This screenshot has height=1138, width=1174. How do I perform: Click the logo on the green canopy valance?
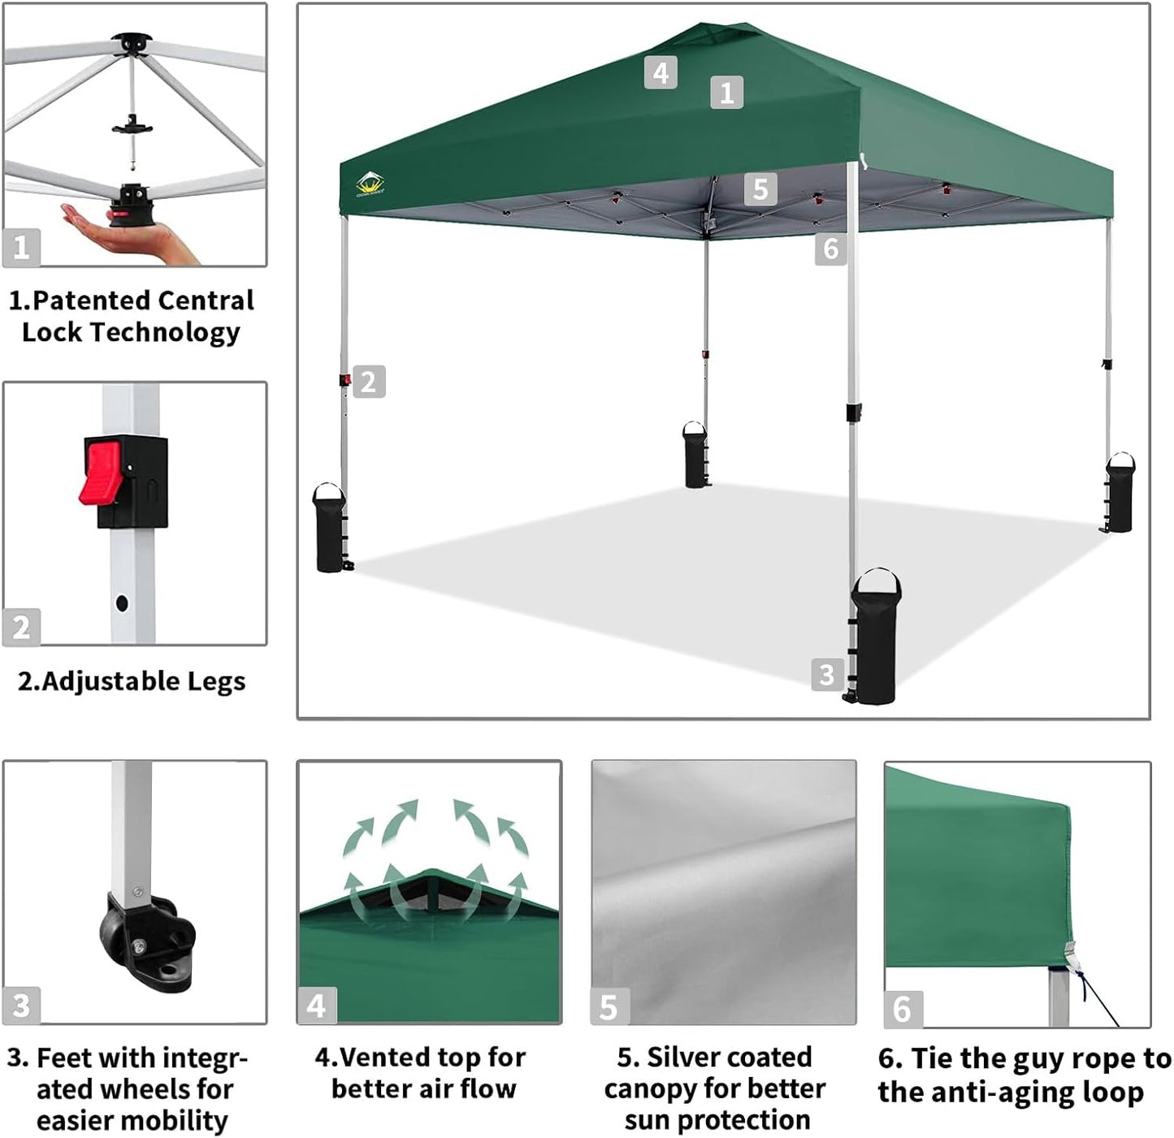point(370,184)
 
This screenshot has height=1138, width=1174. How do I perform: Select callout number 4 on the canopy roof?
point(661,73)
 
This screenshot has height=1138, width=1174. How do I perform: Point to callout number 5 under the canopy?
point(760,189)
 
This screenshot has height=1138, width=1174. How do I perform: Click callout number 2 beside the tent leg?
point(369,382)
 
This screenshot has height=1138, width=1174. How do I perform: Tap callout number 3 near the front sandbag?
point(826,674)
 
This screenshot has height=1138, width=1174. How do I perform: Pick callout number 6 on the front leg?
point(830,249)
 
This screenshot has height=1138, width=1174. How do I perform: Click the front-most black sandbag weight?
point(875,639)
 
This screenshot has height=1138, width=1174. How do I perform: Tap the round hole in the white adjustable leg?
point(122,604)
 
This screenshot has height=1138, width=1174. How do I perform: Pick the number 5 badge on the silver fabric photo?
point(609,1007)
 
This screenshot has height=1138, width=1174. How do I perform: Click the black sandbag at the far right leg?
point(1119,494)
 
